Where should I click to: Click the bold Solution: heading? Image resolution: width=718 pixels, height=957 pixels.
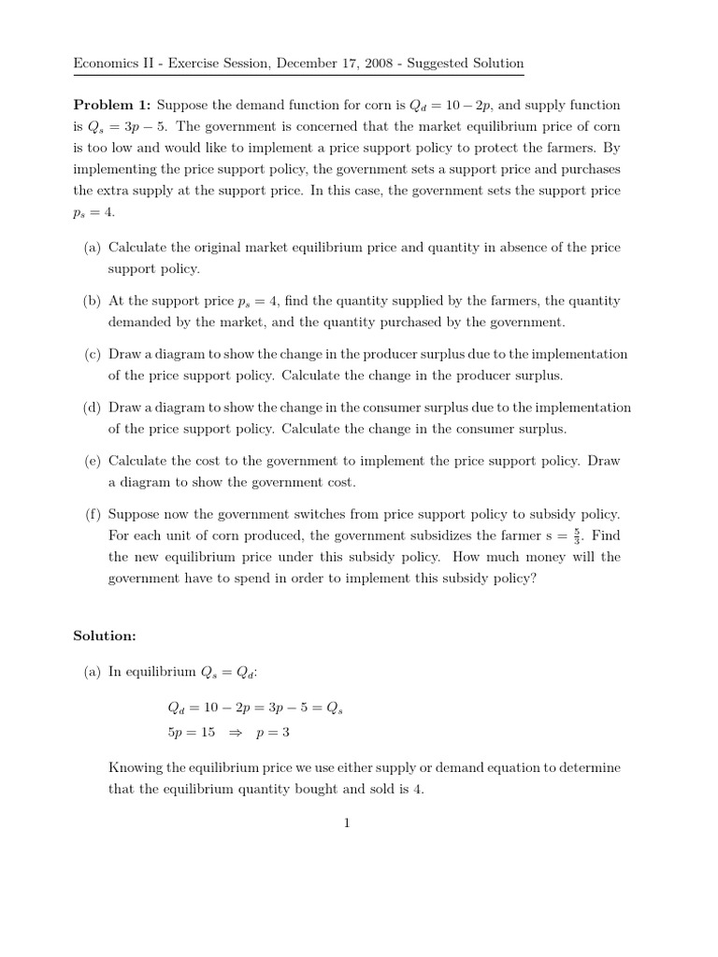(105, 636)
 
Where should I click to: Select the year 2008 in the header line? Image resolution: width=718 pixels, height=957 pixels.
(377, 63)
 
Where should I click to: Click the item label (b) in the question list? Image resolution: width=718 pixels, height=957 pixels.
(92, 301)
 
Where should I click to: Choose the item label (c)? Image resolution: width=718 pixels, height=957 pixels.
(92, 354)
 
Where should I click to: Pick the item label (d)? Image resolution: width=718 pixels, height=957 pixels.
(92, 407)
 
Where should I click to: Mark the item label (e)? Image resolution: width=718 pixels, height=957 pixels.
(92, 461)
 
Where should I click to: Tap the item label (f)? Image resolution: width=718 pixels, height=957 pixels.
(92, 514)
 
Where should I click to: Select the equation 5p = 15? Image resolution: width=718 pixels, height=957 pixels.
(191, 734)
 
